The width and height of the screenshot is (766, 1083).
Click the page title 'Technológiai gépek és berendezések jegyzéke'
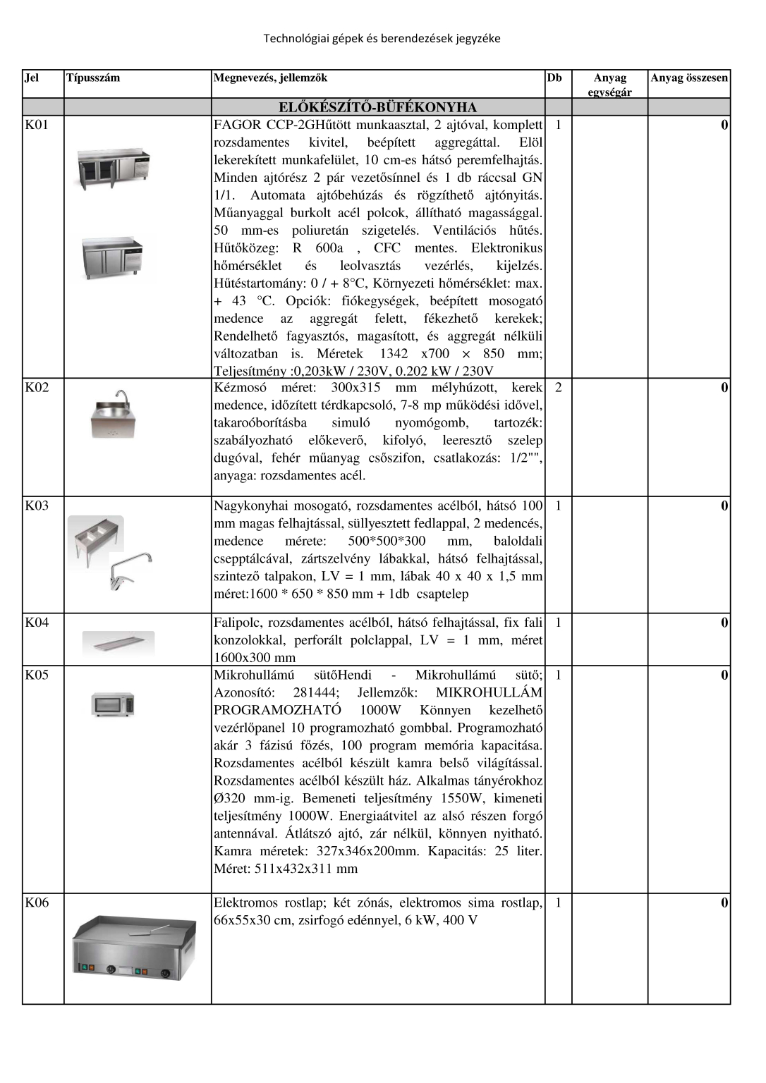[x=382, y=39]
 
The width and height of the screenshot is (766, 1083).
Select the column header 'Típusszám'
[x=93, y=78]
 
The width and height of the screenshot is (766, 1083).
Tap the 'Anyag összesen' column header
[x=688, y=78]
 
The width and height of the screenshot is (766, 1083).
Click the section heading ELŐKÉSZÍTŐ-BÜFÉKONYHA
[x=377, y=107]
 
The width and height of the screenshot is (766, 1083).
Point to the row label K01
[x=37, y=125]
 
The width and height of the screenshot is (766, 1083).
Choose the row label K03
[x=37, y=506]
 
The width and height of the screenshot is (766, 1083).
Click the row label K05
[x=37, y=675]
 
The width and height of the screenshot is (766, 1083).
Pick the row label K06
[x=37, y=902]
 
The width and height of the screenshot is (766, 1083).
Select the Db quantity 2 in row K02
[x=558, y=387]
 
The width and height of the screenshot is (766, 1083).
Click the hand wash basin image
[x=113, y=415]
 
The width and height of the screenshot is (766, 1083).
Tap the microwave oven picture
[x=113, y=704]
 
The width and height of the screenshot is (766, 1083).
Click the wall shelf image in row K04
[x=118, y=642]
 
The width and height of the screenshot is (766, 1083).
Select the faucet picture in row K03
[x=131, y=570]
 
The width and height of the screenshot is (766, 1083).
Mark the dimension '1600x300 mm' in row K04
[x=255, y=658]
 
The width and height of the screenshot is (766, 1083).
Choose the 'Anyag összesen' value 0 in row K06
[x=724, y=902]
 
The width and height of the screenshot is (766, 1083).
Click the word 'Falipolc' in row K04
[x=238, y=623]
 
